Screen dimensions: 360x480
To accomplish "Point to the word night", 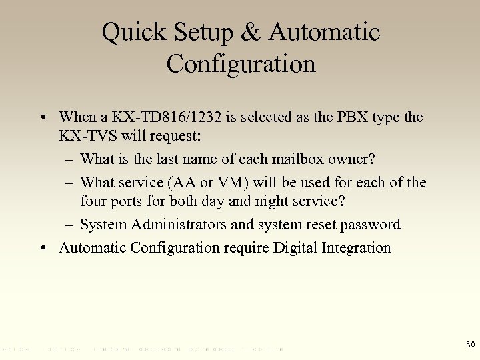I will [x=290, y=203].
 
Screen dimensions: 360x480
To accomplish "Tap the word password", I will [x=369, y=225].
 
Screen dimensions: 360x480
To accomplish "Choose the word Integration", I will [x=357, y=248].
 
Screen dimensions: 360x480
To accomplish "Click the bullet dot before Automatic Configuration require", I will [x=43, y=248].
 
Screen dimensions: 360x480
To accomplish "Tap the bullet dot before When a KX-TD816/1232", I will [x=43, y=118].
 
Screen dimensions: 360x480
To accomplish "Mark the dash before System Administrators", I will [x=70, y=225].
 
